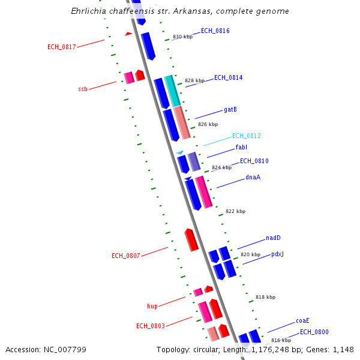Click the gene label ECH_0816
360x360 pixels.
tap(215, 31)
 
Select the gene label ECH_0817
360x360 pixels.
tap(61, 47)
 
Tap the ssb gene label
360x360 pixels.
tap(83, 89)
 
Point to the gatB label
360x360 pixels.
tap(230, 110)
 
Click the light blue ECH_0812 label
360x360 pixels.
tap(246, 136)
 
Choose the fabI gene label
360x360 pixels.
tap(241, 148)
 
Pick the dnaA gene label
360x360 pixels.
tap(253, 178)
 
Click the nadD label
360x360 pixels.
tap(273, 238)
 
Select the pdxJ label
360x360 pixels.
tap(277, 254)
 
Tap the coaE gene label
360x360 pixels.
tap(302, 321)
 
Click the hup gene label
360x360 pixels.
tap(152, 306)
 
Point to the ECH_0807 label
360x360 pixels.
tap(125, 256)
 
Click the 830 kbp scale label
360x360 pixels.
tap(182, 37)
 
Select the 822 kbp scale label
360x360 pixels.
tap(235, 212)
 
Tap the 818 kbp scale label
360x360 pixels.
tap(265, 298)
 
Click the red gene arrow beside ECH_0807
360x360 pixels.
tap(191, 240)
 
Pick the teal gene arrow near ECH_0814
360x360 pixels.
tap(172, 91)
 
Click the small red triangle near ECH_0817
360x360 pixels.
tap(128, 34)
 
